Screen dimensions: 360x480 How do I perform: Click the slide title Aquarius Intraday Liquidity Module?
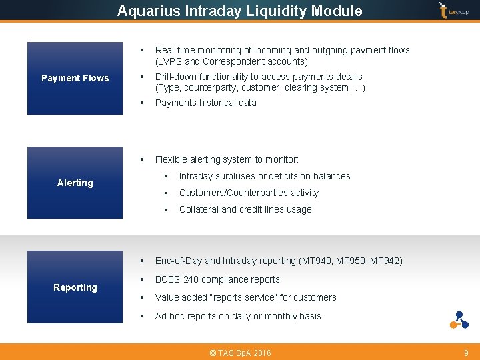tap(239, 11)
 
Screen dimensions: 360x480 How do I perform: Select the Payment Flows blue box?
tap(75, 78)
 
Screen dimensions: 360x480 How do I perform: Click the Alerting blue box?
tap(75, 183)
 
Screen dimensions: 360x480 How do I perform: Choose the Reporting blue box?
tap(75, 287)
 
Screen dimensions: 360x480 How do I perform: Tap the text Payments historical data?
tap(205, 103)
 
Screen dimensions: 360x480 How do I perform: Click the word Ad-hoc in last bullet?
tap(169, 316)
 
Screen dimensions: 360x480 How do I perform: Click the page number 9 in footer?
tap(466, 353)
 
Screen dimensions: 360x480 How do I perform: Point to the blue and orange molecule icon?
tap(459, 320)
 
